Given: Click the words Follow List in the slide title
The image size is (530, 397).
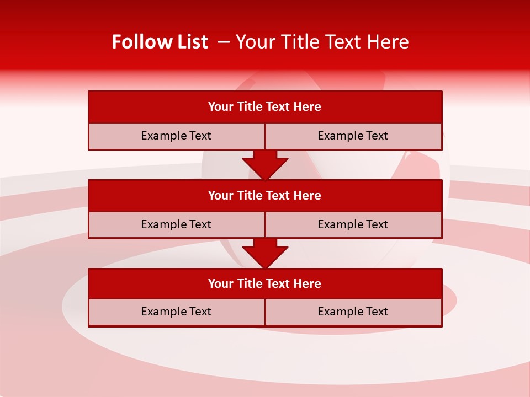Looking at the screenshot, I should point(160,42).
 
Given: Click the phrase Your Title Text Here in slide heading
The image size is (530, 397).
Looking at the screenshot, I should point(322,42).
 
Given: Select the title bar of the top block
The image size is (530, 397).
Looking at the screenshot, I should point(265,107).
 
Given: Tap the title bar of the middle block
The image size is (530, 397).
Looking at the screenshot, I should point(265,195).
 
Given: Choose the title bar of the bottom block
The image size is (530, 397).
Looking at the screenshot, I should point(265,283).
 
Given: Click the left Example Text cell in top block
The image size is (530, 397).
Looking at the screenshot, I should point(176,136).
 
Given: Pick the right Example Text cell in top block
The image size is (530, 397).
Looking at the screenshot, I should point(353,136).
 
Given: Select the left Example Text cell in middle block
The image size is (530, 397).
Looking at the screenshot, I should point(176,224).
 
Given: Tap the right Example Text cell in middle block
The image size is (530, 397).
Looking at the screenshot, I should point(353,224).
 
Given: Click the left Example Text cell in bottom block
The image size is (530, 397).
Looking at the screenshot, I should point(176,312).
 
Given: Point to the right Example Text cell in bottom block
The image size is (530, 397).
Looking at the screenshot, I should point(353,312).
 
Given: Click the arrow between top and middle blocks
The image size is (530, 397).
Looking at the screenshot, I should point(265,164).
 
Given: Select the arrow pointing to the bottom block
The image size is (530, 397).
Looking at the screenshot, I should point(265,253).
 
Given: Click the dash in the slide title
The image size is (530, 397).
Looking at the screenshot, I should point(224,42).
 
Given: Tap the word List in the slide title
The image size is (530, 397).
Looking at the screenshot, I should point(190,42).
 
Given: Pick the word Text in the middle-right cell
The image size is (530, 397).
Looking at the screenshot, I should point(376,224).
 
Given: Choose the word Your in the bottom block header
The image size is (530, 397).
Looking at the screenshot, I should point(220,283).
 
